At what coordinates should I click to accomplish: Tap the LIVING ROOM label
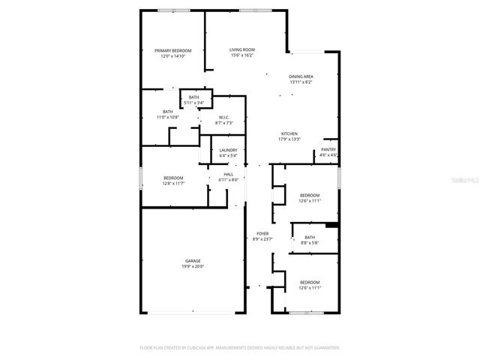[241, 49]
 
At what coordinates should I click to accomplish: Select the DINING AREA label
[301, 76]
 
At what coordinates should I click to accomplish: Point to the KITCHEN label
[289, 133]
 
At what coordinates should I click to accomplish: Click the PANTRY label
[328, 150]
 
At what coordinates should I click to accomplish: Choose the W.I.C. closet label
[223, 118]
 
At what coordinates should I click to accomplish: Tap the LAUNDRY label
[228, 151]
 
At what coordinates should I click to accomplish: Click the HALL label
[228, 174]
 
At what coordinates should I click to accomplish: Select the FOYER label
[262, 233]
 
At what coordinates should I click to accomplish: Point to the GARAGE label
[193, 261]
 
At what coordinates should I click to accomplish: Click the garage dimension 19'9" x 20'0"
[193, 267]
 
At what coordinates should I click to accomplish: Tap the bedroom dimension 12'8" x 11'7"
[173, 183]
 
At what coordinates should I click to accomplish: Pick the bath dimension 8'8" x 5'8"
[310, 242]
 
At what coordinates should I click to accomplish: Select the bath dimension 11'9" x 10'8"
[167, 118]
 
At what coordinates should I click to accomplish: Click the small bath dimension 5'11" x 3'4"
[193, 103]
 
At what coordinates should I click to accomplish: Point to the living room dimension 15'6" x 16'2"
[241, 55]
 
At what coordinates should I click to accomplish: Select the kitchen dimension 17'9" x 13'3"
[289, 139]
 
